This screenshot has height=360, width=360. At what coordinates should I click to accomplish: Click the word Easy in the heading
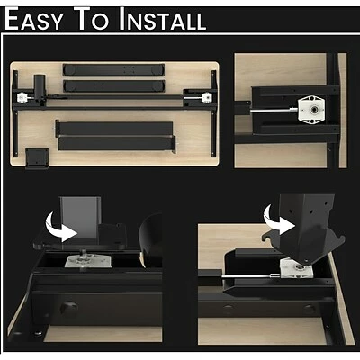click(x=46, y=19)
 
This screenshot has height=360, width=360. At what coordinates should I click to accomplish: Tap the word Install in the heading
click(x=166, y=19)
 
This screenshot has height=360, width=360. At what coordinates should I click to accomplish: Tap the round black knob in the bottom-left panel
click(x=69, y=309)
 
